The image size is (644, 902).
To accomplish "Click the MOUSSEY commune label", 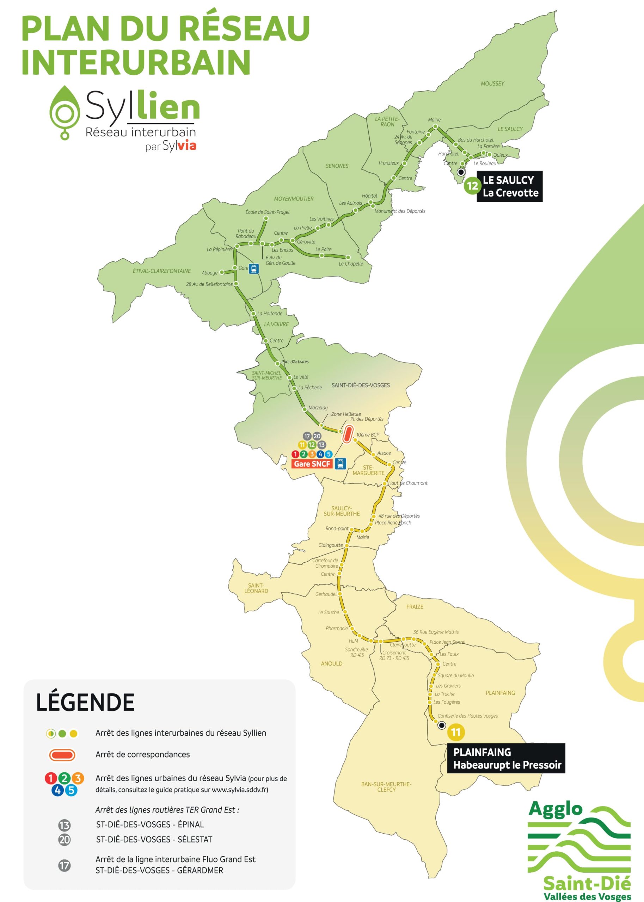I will coord(492,84).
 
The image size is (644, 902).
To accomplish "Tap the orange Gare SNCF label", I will coord(312,464).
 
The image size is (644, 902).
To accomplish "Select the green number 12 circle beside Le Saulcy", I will coord(472,186).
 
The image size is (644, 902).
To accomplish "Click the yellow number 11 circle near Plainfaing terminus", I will coord(456,732).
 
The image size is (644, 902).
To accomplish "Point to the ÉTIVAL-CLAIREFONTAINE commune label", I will coord(161,271).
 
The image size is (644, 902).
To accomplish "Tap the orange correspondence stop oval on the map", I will coord(348,434).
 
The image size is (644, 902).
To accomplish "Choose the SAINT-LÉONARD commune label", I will coord(256,588).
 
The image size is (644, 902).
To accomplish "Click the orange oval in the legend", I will coord(62,755).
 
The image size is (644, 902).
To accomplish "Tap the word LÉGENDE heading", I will coord(85,702).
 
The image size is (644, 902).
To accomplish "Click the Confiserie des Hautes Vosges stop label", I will coord(467,716).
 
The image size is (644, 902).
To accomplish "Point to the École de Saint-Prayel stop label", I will coord(267,212).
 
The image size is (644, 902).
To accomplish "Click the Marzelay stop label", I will coord(318,407).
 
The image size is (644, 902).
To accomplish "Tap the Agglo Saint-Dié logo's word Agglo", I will coord(555,809).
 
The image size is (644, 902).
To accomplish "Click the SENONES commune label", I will coord(337,166).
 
